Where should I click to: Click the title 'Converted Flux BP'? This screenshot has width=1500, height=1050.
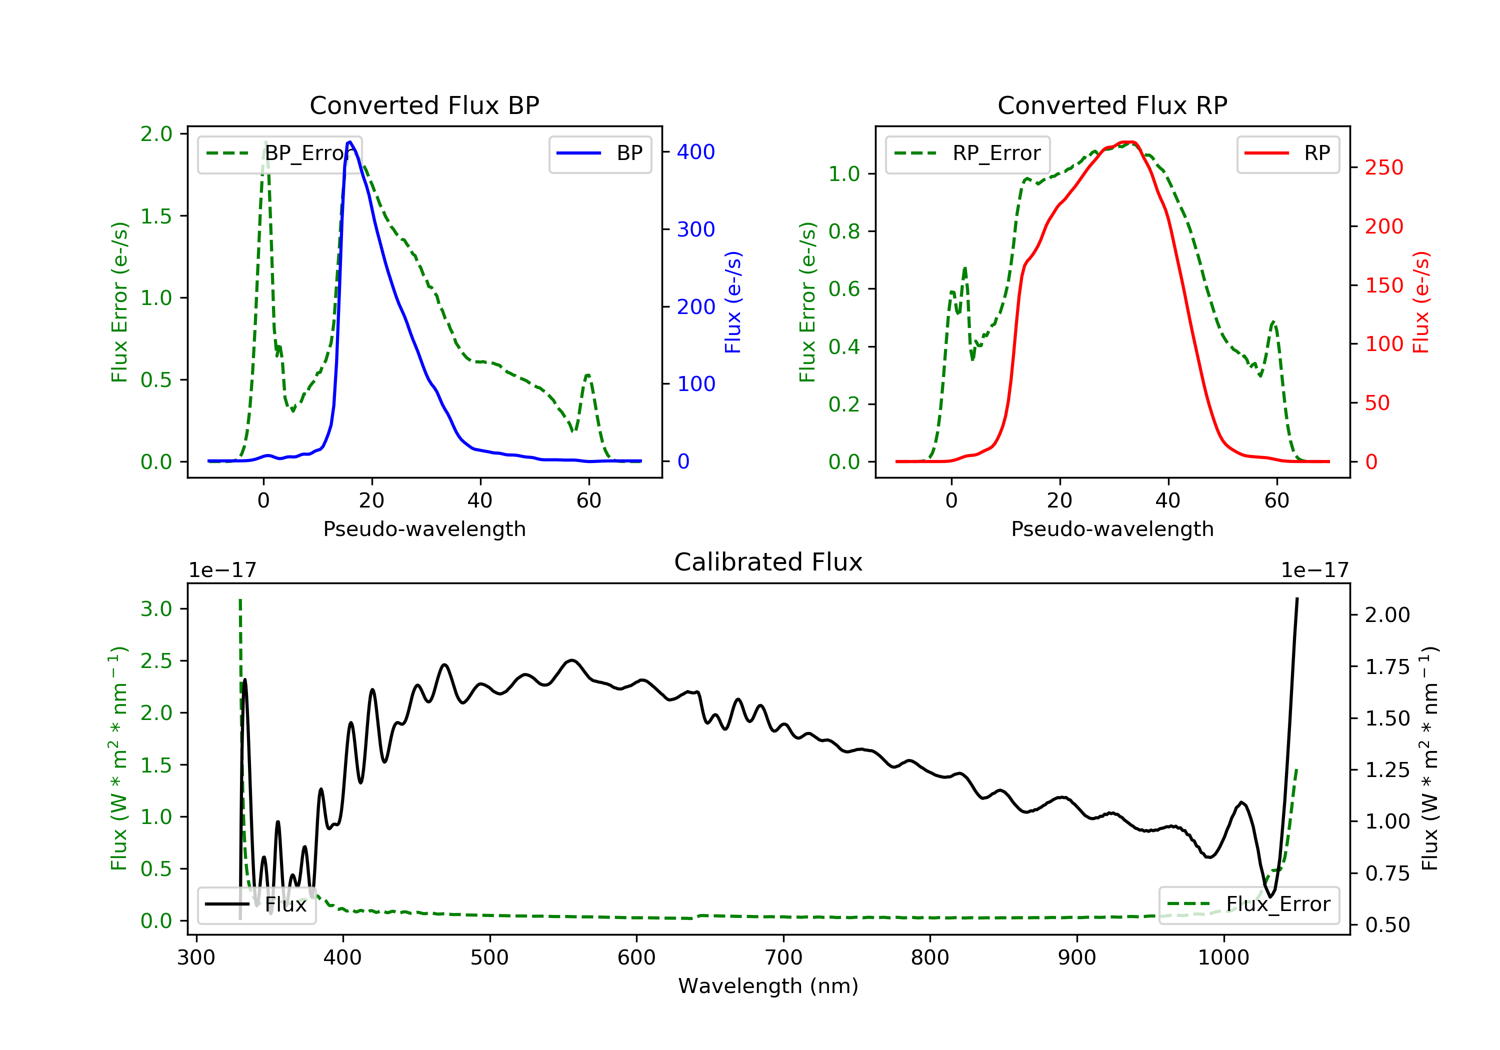[x=424, y=105]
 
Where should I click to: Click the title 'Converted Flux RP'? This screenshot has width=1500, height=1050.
[x=1112, y=105]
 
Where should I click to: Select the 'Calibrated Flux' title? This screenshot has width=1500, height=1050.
[x=768, y=562]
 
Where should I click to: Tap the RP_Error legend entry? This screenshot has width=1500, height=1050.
[x=967, y=153]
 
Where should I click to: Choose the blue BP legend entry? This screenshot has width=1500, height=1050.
[x=599, y=153]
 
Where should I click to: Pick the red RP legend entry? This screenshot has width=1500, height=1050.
[x=1287, y=153]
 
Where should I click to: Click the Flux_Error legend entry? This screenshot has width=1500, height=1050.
[x=1248, y=904]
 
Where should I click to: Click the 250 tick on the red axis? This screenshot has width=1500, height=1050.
[x=1383, y=168]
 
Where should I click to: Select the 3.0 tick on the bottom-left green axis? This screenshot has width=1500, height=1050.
[x=156, y=609]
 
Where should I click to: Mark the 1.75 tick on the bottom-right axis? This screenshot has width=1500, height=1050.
[x=1387, y=666]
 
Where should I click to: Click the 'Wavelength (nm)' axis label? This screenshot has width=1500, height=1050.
[x=768, y=986]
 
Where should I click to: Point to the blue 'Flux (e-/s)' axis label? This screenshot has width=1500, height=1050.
[x=733, y=302]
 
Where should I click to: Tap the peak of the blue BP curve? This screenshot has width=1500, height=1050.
[x=350, y=142]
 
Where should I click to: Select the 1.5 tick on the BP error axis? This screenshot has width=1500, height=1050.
[x=156, y=216]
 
